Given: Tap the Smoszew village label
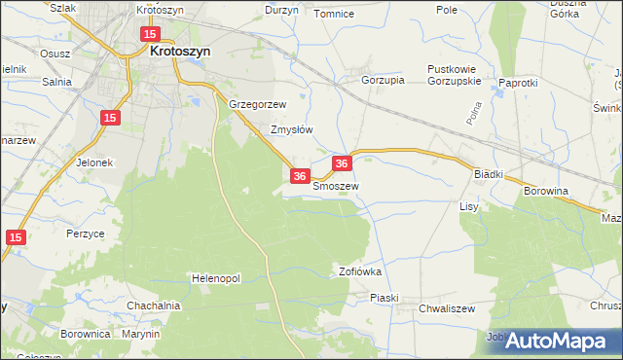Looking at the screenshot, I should point(336,185).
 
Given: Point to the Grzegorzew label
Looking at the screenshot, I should point(257,104).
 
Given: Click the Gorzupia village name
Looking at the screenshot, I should point(383,81).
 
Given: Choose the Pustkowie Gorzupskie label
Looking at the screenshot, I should point(455,75).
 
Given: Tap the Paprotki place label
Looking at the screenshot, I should point(518,83).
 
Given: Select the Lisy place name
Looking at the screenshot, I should point(469,207).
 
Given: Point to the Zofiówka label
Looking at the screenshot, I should point(359,271).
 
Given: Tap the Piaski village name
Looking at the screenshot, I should point(384,299).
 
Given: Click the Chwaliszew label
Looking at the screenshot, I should point(446,308).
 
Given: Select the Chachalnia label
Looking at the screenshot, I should point(154,306).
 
